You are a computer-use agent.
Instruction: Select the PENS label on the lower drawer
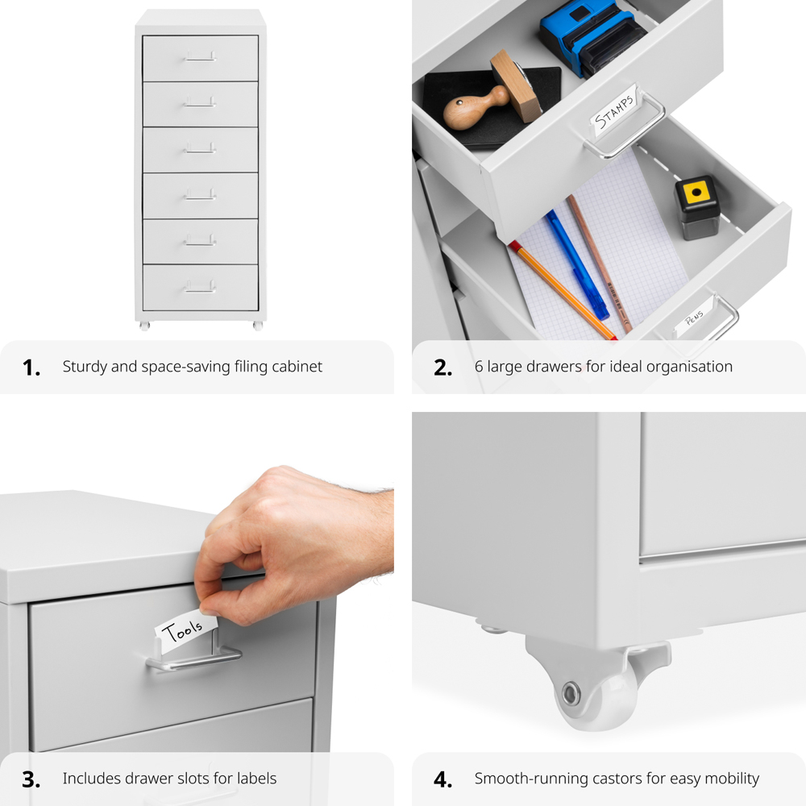tap(693, 320)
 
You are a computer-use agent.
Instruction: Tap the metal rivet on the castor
tap(571, 692)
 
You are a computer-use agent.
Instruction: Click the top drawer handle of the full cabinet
tap(200, 57)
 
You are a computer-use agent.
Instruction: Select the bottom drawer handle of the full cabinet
tap(200, 286)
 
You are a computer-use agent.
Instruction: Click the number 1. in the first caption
tap(31, 368)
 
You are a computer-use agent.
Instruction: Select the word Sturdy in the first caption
tap(84, 367)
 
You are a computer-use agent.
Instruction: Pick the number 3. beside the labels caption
tap(31, 779)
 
